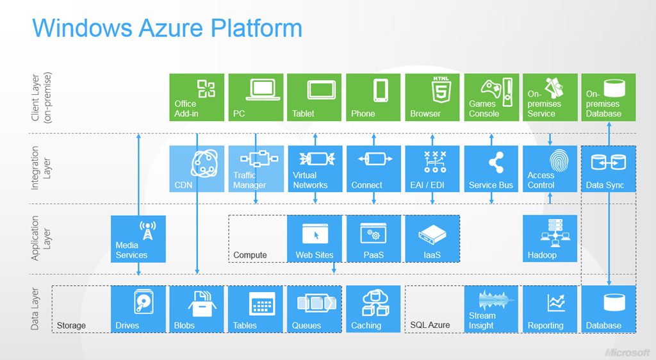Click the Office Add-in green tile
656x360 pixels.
[x=197, y=97]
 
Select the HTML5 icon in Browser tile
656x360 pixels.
[x=440, y=88]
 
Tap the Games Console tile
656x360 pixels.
[x=491, y=97]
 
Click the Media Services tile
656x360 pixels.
[x=138, y=239]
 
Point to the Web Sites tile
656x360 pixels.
[x=315, y=239]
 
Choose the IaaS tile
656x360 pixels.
[x=432, y=239]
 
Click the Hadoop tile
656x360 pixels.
[x=550, y=239]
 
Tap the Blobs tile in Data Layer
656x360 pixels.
[x=197, y=309]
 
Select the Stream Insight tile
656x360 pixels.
[x=491, y=309]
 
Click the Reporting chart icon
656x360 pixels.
[x=555, y=302]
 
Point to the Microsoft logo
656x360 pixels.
[x=628, y=352]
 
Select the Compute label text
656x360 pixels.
[x=250, y=255]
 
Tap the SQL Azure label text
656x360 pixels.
[x=430, y=325]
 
